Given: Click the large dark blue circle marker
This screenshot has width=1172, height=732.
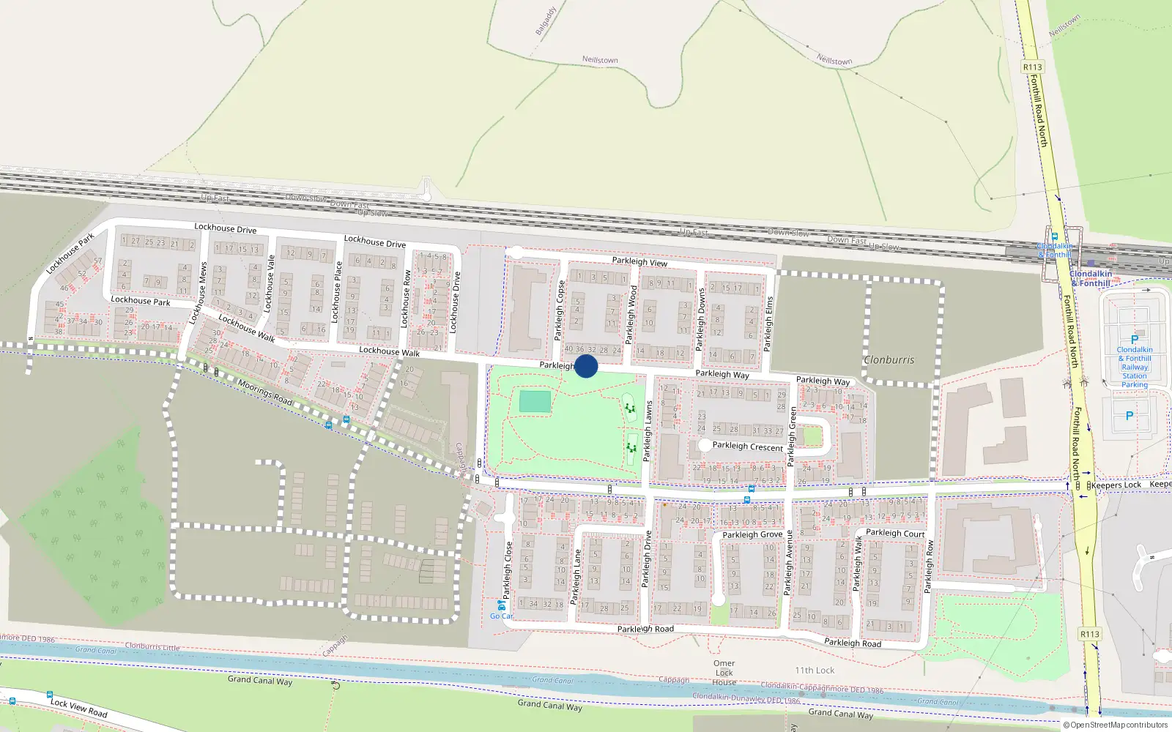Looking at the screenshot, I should (x=586, y=366).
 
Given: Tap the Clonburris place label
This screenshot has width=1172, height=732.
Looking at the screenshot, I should (x=889, y=360).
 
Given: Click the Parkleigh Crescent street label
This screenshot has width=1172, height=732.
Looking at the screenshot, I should (x=747, y=446).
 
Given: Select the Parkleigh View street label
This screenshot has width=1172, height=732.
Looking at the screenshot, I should (x=639, y=261).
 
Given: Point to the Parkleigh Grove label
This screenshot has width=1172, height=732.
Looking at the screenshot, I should (x=752, y=535).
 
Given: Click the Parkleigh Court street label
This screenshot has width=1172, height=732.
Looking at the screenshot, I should (x=895, y=533).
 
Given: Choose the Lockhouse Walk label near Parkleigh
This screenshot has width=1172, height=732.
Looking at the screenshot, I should (x=389, y=351).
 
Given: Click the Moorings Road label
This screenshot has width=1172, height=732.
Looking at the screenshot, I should (x=264, y=392).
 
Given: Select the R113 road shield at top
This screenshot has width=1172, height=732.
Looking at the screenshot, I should (x=1032, y=67).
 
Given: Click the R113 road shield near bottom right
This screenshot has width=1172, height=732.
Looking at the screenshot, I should (x=1089, y=634).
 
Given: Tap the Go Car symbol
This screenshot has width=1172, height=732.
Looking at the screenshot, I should (x=501, y=606).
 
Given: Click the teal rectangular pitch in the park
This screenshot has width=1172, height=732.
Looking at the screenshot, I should (x=535, y=402).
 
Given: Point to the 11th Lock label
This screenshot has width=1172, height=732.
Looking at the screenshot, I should (x=815, y=670).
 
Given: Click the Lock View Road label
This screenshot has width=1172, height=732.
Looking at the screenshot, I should (x=78, y=707).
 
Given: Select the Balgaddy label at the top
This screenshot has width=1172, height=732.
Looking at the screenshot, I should (x=546, y=21).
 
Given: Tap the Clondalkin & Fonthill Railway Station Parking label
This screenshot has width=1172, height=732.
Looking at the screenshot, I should (x=1134, y=367).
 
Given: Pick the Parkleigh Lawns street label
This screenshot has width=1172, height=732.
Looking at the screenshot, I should (x=648, y=431).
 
